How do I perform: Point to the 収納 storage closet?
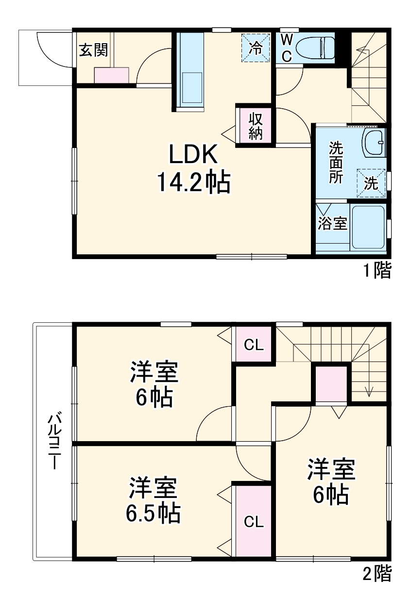[x=256, y=126]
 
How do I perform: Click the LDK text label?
[x=192, y=155]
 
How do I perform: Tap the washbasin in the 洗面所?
[x=375, y=143]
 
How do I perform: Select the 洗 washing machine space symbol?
[x=371, y=183]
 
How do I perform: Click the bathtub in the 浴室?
[x=368, y=227]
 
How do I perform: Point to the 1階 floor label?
[x=377, y=270]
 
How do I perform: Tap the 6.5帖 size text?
[x=153, y=513]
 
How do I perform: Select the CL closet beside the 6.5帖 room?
[x=253, y=522]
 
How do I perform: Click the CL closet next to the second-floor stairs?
[x=254, y=345]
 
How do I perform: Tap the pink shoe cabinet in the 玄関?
[x=112, y=76]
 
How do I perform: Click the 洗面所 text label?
[x=336, y=163]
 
